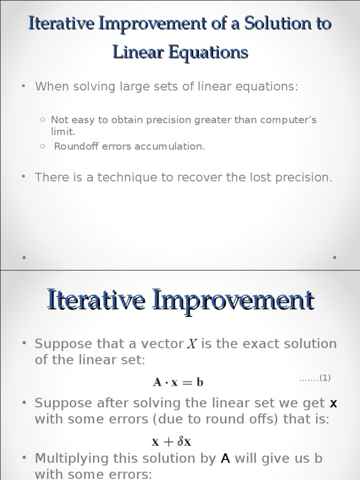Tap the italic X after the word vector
[x=192, y=345]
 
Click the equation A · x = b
[x=178, y=382]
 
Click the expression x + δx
[x=171, y=441]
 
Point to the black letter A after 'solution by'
[x=225, y=458]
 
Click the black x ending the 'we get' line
[x=333, y=403]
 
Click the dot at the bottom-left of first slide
[x=24, y=257]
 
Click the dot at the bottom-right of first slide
[x=335, y=257]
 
